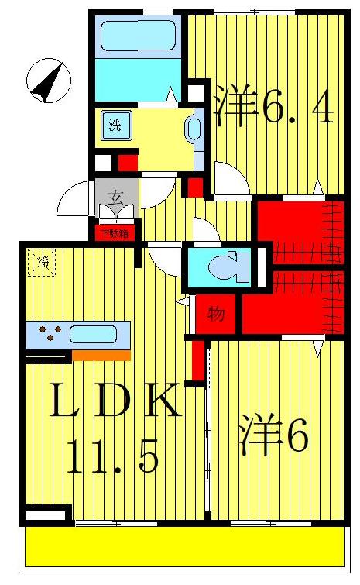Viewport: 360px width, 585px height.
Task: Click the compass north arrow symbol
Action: (48, 81)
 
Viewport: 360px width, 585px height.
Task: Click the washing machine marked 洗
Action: (115, 126)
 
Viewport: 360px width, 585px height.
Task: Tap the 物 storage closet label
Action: (216, 315)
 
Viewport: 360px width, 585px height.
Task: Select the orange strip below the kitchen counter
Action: (101, 355)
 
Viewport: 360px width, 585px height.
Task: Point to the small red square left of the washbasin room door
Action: (127, 163)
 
